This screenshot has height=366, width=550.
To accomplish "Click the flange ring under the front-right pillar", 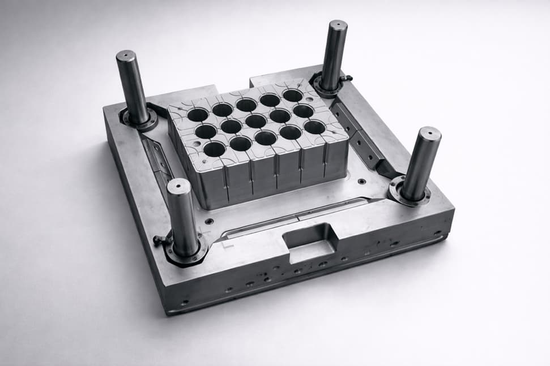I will [409, 193].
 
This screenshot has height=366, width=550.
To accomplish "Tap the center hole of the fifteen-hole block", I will [255, 121].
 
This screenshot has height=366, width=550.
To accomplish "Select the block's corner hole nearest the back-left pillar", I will [198, 115].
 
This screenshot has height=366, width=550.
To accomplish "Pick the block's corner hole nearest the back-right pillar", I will [293, 95].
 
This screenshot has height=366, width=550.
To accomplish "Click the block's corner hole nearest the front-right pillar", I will [314, 127].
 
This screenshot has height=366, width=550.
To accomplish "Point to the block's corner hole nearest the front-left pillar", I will [214, 149].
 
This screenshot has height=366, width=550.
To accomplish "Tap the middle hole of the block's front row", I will [265, 138].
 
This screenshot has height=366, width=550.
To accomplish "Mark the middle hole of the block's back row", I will [246, 105].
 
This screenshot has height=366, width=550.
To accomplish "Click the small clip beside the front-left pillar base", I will [161, 240].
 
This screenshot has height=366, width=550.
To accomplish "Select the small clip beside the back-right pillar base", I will [346, 77].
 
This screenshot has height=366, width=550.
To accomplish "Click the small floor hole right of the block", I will [361, 182].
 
